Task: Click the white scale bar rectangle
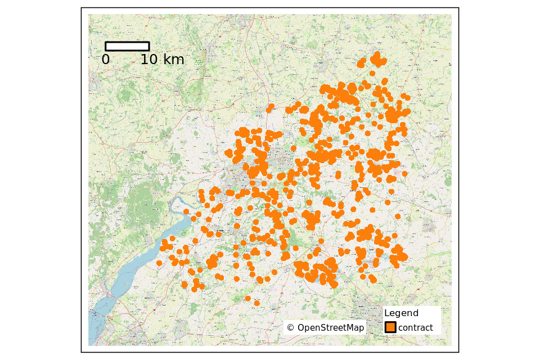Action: coord(127,46)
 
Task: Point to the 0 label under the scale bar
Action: coord(106,60)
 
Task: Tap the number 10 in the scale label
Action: coord(150,60)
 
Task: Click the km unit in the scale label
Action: coord(174,60)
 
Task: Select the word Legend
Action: coord(401,313)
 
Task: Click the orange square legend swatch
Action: coord(390,327)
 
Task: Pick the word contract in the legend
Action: coord(416,328)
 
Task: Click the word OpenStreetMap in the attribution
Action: coord(331,328)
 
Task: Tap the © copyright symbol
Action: coord(290,328)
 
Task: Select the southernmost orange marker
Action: coord(257,303)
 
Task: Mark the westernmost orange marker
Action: coord(159,263)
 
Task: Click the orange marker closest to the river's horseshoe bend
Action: coord(186,212)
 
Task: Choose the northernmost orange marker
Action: coord(376,55)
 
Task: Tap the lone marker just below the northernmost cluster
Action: coord(372,73)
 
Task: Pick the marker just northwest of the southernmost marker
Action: coord(247,298)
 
